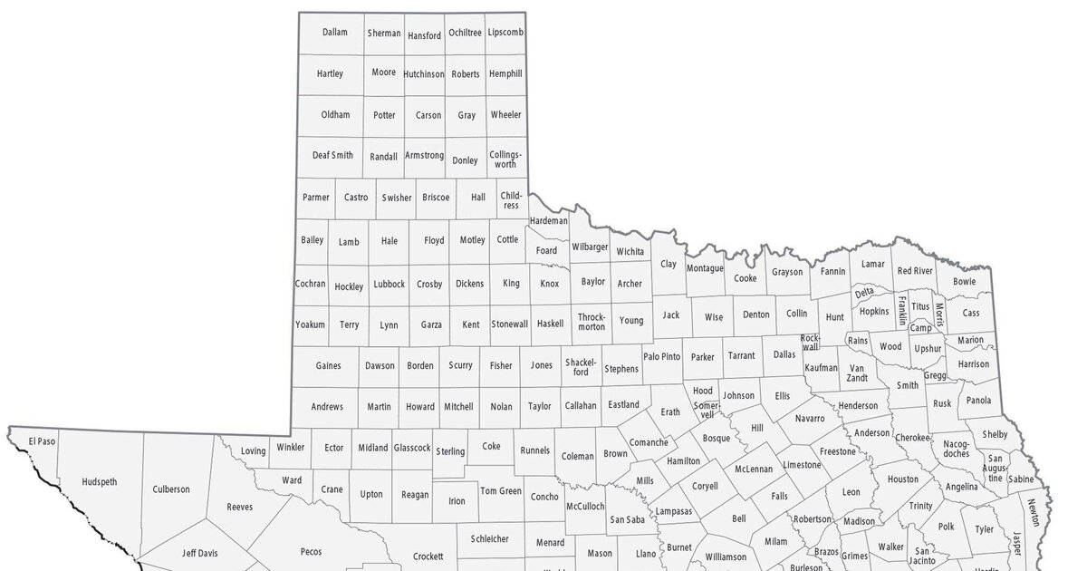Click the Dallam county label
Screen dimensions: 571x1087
pos(334,33)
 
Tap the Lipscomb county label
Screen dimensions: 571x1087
pos(505,33)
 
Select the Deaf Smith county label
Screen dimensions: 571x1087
pos(332,155)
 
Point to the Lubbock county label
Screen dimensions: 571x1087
pos(389,284)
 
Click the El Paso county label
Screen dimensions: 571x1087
pos(42,441)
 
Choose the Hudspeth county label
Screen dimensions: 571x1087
pos(99,482)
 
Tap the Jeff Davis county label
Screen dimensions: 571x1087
pos(200,552)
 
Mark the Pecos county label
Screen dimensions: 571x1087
pos(311,551)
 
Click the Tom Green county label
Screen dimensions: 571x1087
pos(501,491)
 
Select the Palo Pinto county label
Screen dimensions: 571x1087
pos(661,356)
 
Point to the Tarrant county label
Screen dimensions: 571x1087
pos(740,356)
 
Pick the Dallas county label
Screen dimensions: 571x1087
pos(784,354)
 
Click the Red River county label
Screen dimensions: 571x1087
pos(915,271)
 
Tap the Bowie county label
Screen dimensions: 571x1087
pos(965,282)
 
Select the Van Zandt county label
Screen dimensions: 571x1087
pos(856,373)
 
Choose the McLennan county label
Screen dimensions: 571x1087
pos(754,469)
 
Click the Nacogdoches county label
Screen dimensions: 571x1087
pos(956,449)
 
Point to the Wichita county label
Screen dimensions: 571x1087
pos(630,251)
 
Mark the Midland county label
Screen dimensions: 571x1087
pos(372,448)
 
